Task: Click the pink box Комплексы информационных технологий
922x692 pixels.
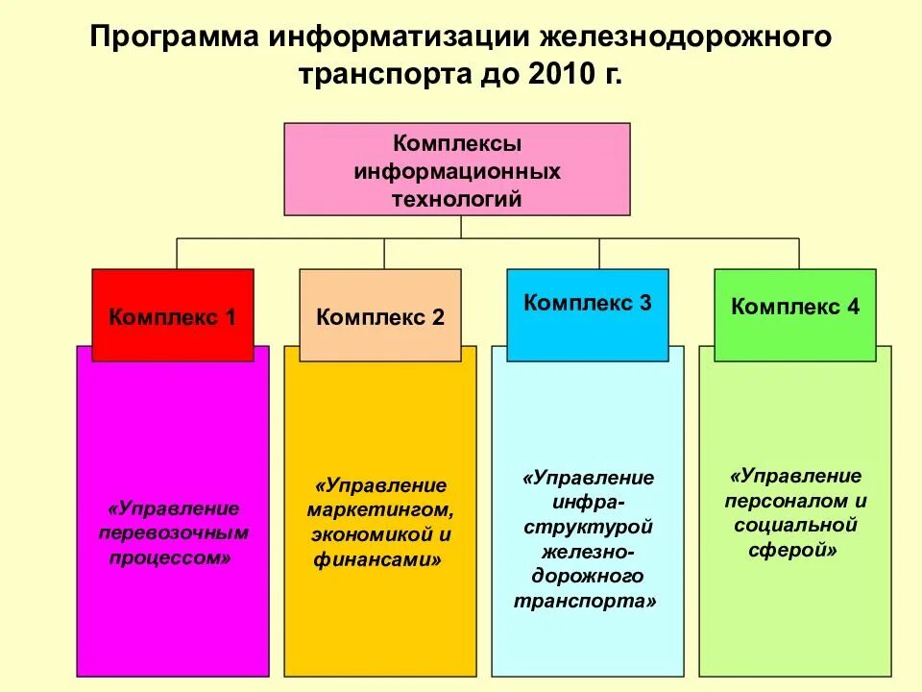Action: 457,169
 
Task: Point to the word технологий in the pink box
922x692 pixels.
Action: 457,199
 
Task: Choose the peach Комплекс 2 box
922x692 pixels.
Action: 380,315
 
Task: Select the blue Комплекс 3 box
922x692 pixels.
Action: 588,303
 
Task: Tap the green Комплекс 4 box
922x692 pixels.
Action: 795,307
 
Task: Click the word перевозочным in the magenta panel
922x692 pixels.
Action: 174,532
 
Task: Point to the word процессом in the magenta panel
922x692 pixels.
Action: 170,557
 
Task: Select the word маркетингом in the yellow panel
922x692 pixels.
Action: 377,509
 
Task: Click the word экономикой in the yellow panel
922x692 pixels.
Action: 366,534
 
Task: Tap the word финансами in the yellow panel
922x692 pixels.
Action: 374,559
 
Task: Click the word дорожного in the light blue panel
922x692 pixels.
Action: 587,577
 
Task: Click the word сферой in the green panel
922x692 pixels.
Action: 790,551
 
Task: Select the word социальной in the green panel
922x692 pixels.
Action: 795,526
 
